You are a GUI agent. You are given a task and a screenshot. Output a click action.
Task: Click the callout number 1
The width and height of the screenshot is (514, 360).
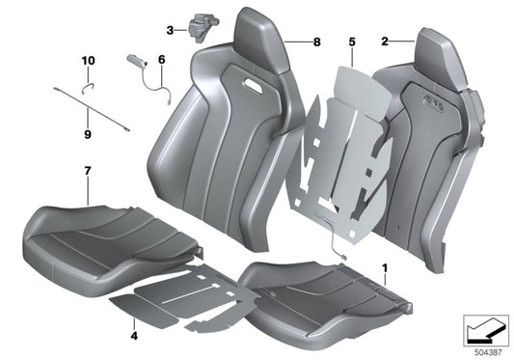point(386,263)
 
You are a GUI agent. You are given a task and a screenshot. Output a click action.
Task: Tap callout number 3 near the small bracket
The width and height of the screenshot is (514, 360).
point(170,30)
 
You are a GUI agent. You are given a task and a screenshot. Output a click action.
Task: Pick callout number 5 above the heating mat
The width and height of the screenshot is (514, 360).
point(351,42)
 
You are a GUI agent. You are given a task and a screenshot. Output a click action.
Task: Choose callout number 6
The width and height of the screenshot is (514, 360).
point(161,60)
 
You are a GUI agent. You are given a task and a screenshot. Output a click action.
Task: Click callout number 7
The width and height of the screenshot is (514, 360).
point(88,172)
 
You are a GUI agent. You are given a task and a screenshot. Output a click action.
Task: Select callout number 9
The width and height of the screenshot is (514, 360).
point(88,134)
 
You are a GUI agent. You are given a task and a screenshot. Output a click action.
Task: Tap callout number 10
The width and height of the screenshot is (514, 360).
point(88,61)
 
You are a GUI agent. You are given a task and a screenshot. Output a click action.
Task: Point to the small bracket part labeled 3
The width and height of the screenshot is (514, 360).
point(197,25)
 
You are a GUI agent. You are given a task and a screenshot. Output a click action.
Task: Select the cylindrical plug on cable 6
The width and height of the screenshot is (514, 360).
point(134,61)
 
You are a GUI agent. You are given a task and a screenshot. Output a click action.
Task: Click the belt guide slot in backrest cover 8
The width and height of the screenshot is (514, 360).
point(258,88)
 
